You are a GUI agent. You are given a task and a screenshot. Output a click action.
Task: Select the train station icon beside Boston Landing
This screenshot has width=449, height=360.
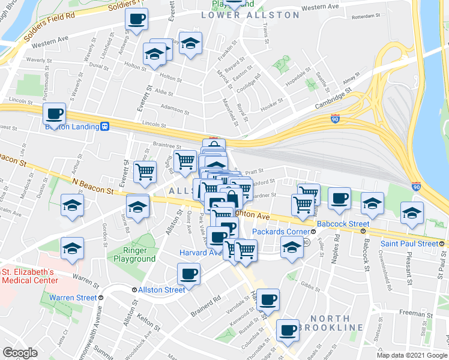pos(105,127)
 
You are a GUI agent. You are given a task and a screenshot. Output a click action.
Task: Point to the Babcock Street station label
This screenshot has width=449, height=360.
pos(342,224)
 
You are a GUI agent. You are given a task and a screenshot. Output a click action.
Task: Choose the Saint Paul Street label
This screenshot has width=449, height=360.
pos(409,244)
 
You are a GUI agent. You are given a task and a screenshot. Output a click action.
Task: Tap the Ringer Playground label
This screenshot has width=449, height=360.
pos(135,254)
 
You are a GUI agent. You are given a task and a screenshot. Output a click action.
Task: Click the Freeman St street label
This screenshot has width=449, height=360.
pos(412,313)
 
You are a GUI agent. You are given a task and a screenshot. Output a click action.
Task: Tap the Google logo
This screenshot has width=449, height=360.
pos(20,352)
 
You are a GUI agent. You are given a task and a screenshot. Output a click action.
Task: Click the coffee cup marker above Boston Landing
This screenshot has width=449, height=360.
pos(55,113)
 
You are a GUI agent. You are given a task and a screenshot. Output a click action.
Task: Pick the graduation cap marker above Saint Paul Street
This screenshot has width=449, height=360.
pos(412,212)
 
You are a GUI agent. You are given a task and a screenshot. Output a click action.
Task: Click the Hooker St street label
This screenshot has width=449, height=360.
pos(271,104)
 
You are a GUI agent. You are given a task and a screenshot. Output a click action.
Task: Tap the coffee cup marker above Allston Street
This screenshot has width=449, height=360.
pos(188,275)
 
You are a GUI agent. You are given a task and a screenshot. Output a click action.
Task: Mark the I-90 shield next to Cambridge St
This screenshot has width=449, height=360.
pos(336,119)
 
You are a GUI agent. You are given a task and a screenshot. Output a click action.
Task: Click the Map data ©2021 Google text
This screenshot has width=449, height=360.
pos(412,355)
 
